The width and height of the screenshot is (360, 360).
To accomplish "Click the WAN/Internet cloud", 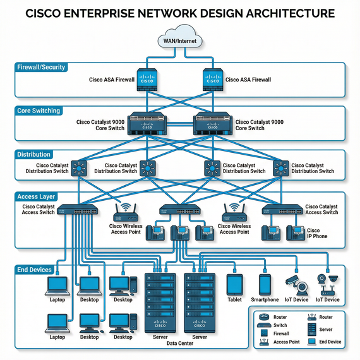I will [x=180, y=38].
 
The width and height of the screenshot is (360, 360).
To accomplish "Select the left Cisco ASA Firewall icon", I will [x=147, y=80].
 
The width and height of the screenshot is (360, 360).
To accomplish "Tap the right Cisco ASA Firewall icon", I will [x=212, y=80].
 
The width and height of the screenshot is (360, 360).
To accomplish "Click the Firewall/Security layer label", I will [x=41, y=67].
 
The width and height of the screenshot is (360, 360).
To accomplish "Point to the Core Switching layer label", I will [x=39, y=111].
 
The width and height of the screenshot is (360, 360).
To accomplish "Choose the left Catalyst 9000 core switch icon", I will [x=147, y=124].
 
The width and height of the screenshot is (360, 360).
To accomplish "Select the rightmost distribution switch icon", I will [x=280, y=168].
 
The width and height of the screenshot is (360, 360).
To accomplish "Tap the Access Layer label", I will [x=37, y=196].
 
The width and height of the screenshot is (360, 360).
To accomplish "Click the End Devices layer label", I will [x=34, y=270].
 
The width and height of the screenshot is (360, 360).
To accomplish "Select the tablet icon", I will [x=235, y=284].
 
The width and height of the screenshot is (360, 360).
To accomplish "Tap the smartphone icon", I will [x=265, y=284].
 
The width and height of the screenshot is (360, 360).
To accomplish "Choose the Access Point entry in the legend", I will [x=280, y=342].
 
